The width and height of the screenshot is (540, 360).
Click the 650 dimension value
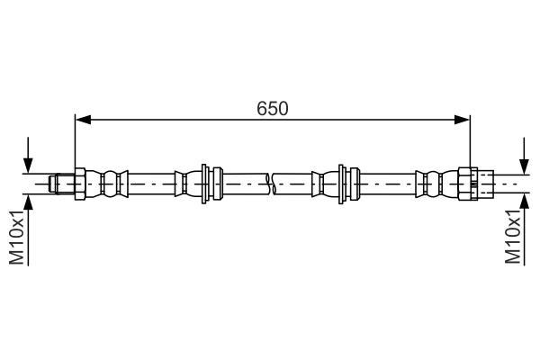coord(272,109)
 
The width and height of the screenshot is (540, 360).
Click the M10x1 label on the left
coord(16,237)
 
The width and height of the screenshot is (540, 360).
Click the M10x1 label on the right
coord(513,237)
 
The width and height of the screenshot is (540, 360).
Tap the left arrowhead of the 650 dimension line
coord(83,120)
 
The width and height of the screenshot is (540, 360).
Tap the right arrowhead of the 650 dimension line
coord(463,120)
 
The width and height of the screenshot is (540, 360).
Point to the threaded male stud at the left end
coord(62,184)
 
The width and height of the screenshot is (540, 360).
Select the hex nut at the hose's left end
coord(80,184)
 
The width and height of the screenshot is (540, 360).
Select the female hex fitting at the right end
coord(468,184)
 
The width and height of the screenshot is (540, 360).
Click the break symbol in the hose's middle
coord(270,184)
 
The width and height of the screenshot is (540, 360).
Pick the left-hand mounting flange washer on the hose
coord(204,184)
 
